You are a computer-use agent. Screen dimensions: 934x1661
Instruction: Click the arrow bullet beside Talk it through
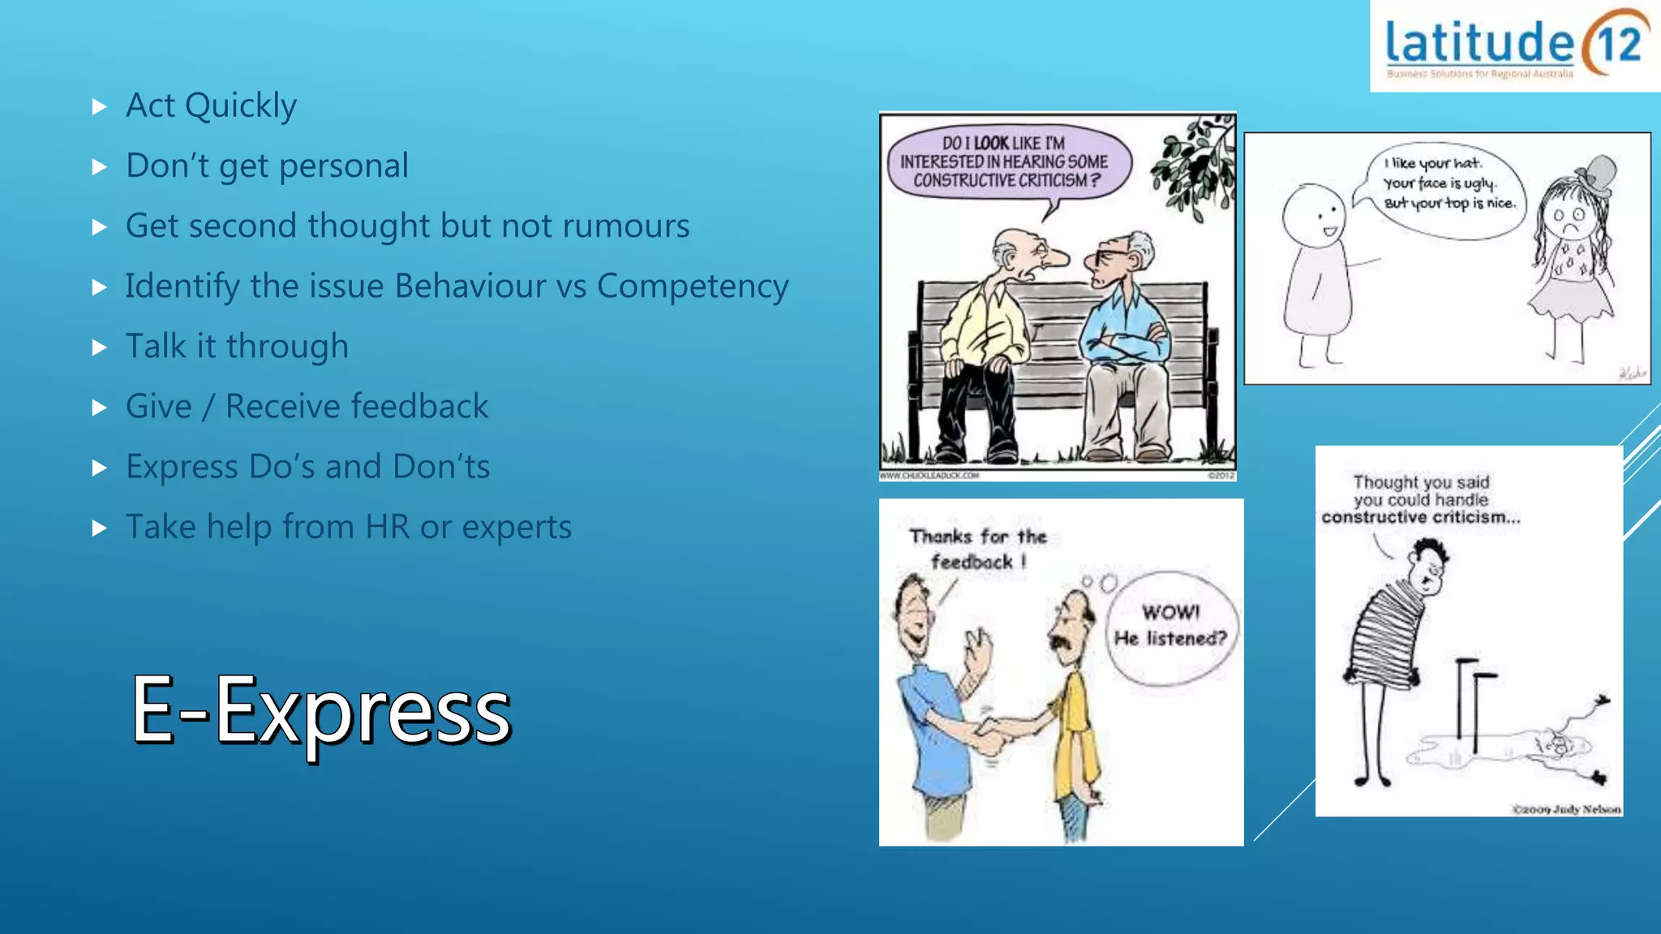(x=100, y=348)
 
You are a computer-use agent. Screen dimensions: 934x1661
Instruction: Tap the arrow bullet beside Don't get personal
(x=100, y=167)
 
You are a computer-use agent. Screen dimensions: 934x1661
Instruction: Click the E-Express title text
(x=321, y=711)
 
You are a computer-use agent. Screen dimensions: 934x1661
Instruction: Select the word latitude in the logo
(x=1479, y=44)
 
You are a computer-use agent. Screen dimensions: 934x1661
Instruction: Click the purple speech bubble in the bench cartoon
(x=1005, y=161)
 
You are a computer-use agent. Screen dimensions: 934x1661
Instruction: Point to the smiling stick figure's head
(x=1314, y=216)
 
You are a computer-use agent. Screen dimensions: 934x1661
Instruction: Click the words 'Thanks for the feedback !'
(x=978, y=549)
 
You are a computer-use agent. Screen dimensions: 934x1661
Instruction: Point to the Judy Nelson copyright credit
(x=1566, y=808)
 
